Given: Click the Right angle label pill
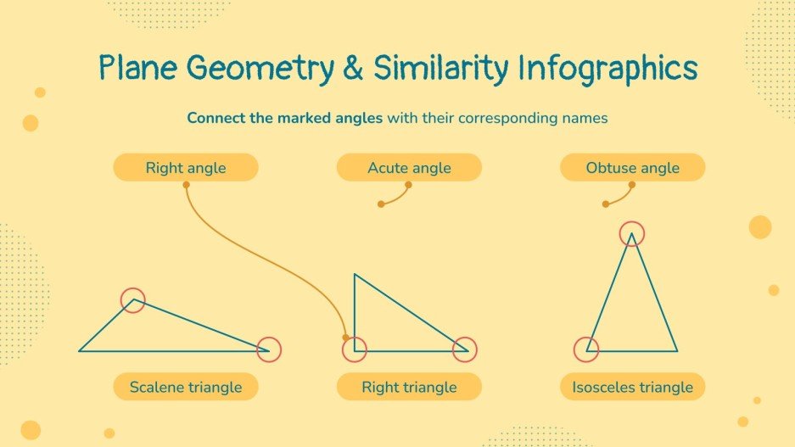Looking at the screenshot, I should pos(186,168).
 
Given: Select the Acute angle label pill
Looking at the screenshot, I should pos(409,168).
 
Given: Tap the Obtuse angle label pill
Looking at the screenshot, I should pos(632,168).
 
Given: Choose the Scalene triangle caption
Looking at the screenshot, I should pos(186,388).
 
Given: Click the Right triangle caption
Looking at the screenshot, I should pos(409,388).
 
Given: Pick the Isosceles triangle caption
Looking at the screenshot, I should pos(632,388).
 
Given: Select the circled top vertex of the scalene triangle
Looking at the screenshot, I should pos(132,299).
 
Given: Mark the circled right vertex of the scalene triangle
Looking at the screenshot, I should pos(268,349).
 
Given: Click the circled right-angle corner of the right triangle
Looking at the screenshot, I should pos(355,349).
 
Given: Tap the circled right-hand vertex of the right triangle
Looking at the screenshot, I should pos(465,349).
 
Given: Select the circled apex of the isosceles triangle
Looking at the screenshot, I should pos(631,233).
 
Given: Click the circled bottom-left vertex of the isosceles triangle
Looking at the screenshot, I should pos(586,349).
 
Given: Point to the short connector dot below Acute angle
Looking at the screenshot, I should pos(381,204).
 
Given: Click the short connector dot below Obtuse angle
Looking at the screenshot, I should pos(605,204).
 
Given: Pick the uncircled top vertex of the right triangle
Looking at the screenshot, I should pos(355,275).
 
